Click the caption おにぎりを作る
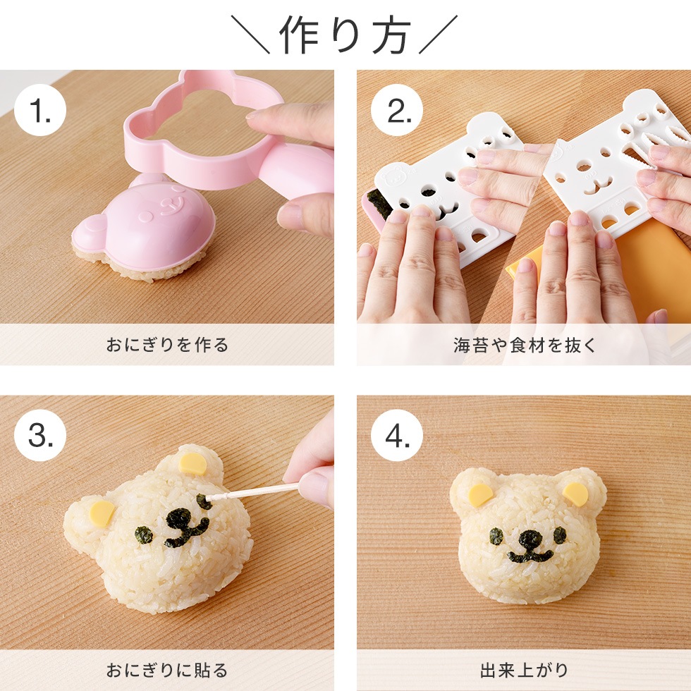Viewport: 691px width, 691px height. pos(167,345)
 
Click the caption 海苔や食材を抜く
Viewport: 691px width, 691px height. pos(524,345)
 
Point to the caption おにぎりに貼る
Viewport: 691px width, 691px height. pos(167,670)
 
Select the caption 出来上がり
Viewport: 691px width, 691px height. pos(524,670)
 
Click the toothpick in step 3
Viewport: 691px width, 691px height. pos(254,491)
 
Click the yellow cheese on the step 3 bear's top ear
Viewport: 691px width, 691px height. pos(193,464)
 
